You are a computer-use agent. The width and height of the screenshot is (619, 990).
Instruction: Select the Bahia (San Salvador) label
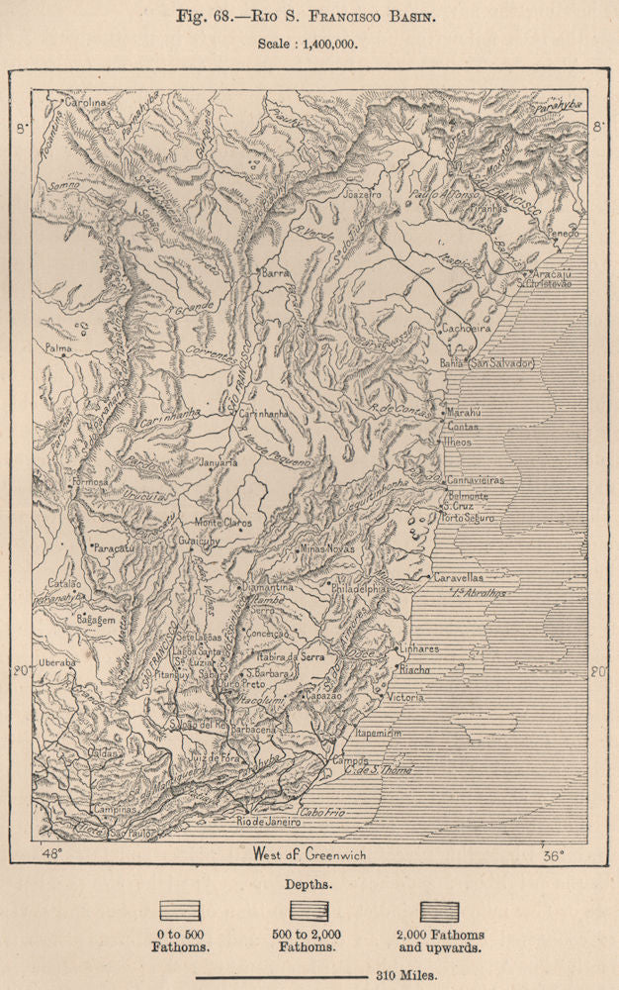pos(487,363)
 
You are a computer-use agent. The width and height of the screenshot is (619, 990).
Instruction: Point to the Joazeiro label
pos(362,195)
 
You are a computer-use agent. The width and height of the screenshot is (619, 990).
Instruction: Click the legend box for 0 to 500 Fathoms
pos(179,911)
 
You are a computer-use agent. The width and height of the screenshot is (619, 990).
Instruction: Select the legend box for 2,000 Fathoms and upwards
pos(439,911)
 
